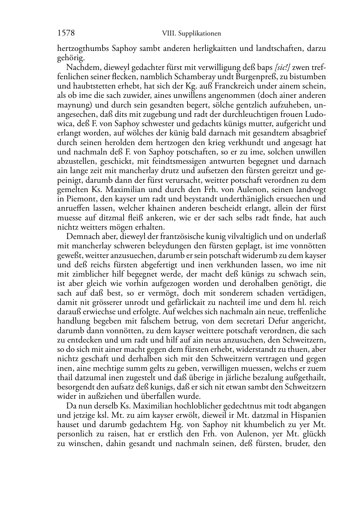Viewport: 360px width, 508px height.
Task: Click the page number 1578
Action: click(66, 33)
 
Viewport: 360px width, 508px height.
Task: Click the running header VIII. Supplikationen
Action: click(191, 34)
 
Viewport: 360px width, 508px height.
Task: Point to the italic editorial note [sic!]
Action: click(283, 67)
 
